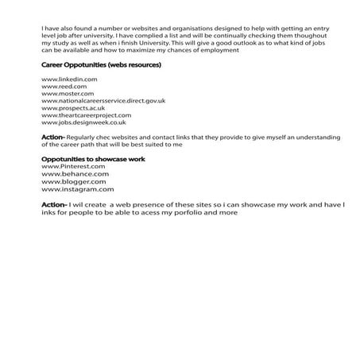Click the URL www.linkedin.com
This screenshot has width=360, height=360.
coord(69,80)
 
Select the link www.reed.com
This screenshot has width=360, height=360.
coord(63,87)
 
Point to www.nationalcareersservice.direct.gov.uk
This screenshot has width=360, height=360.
coord(103,102)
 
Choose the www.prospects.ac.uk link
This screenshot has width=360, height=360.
coord(73,109)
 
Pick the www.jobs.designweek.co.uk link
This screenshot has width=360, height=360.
coord(84,123)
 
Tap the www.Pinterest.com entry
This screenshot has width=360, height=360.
coord(72,167)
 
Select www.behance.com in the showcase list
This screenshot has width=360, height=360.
coord(74,174)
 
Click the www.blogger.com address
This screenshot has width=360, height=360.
coord(72,182)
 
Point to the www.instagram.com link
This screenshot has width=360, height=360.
coord(77,189)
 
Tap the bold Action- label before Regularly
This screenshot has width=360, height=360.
coord(54,137)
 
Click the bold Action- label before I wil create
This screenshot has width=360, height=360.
coord(54,204)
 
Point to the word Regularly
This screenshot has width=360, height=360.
coord(83,137)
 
